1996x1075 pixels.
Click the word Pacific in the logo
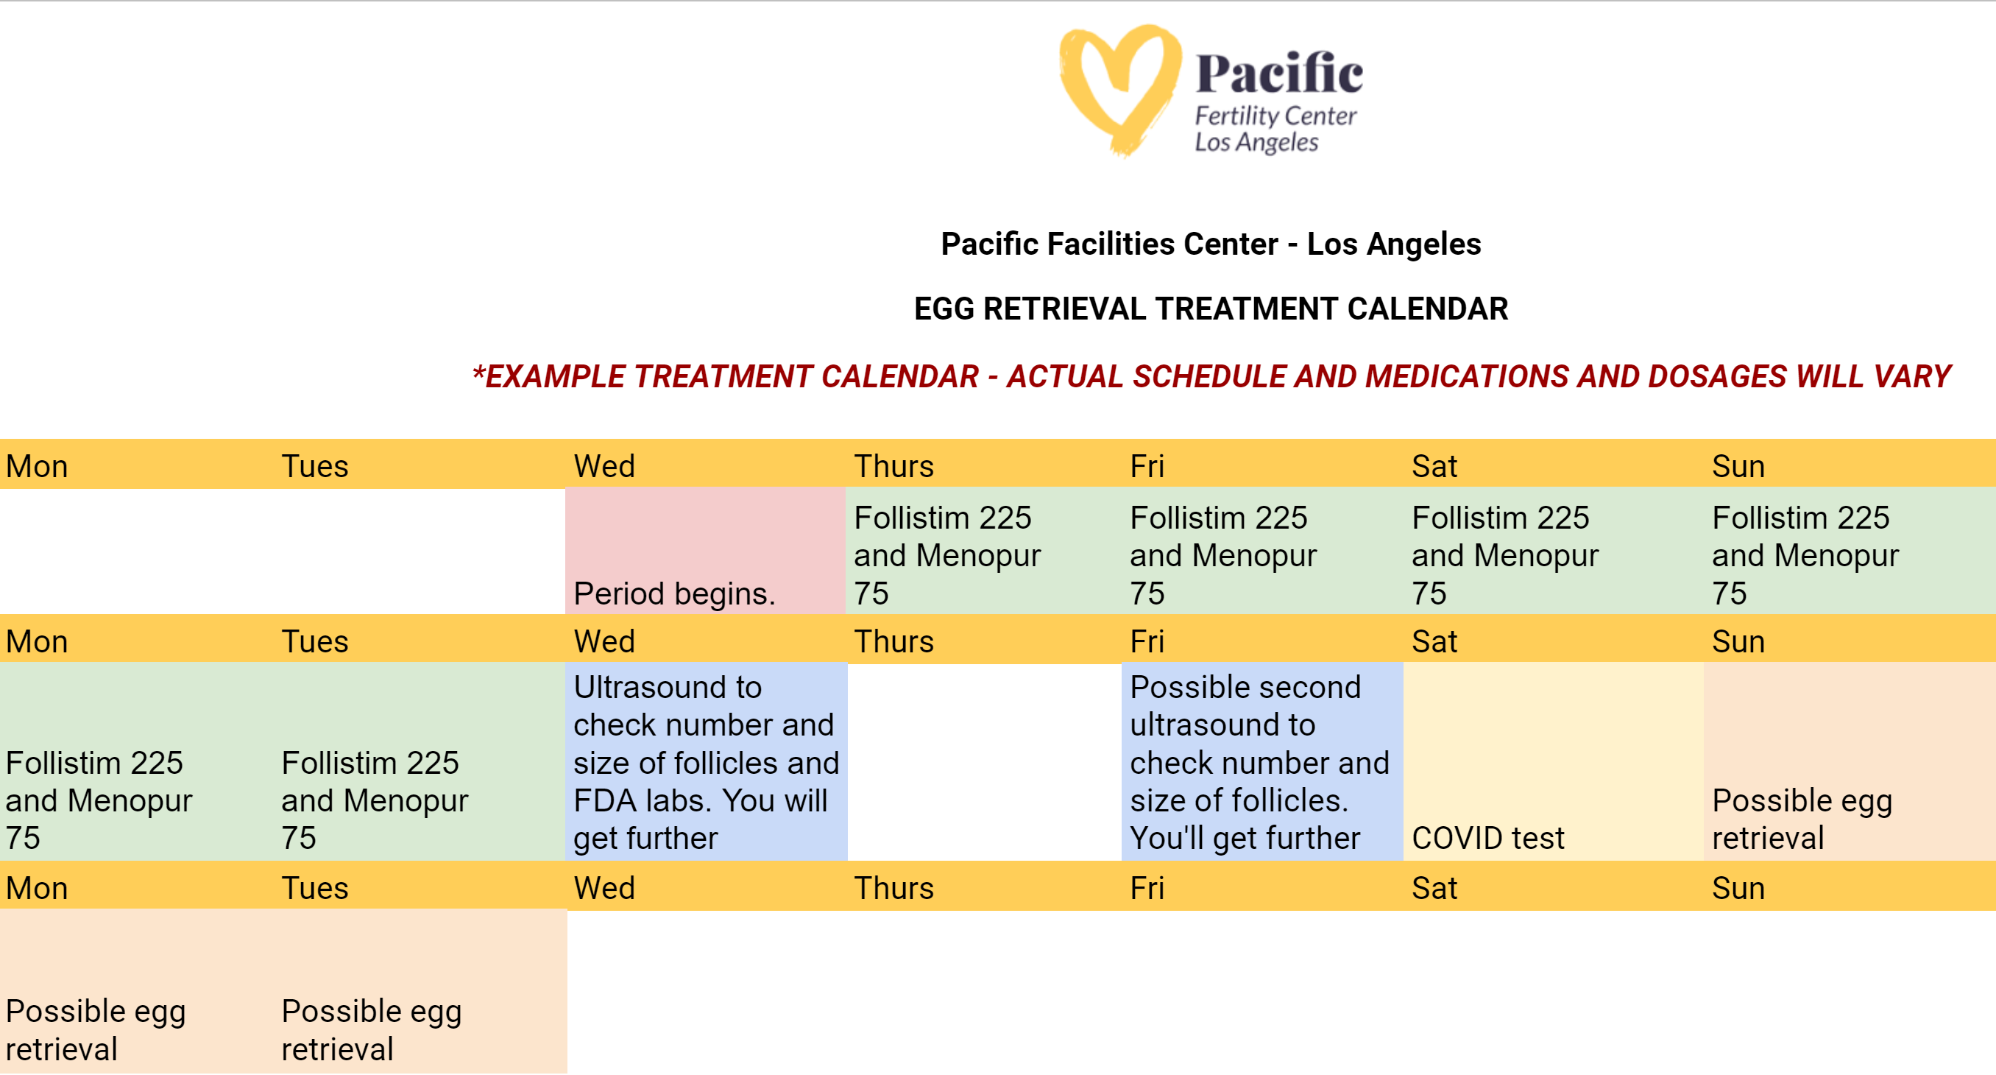click(x=1278, y=74)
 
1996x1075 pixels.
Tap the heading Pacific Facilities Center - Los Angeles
click(x=1210, y=244)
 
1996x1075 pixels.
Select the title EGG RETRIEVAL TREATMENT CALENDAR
click(x=1210, y=309)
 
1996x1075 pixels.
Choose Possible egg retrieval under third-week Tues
click(x=422, y=992)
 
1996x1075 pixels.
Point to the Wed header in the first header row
click(x=604, y=466)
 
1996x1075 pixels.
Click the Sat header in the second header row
click(x=1434, y=641)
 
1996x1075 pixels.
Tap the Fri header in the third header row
click(x=1147, y=887)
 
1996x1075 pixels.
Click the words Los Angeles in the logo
click(x=1256, y=143)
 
